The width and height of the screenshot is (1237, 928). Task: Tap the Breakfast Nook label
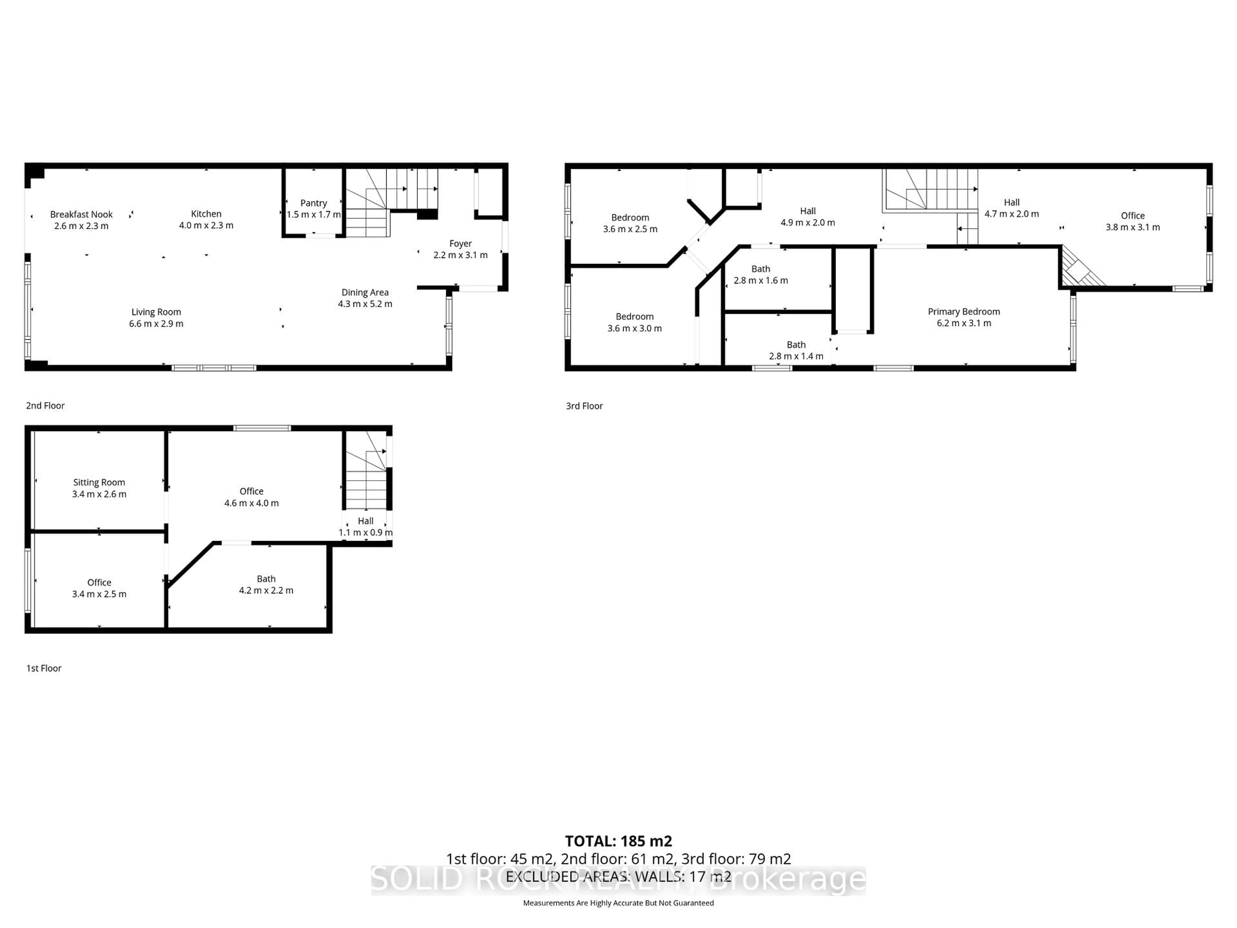(81, 214)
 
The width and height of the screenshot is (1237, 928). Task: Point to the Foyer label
(460, 243)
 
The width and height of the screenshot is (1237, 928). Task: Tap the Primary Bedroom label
(964, 312)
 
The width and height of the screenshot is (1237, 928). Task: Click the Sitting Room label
(99, 482)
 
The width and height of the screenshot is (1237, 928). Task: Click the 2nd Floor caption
(45, 406)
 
